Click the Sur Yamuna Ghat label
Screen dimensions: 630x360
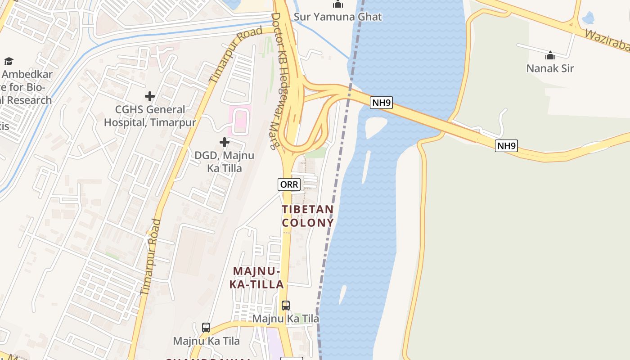pos(337,17)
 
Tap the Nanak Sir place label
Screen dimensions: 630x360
pos(550,68)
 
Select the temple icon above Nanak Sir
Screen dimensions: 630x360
pos(550,56)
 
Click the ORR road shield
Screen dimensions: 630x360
pos(289,184)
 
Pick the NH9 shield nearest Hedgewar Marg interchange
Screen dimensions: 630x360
pos(382,103)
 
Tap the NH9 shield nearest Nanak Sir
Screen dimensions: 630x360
pos(506,145)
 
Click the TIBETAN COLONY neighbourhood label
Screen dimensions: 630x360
pos(308,216)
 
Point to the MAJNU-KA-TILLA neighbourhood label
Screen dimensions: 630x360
pos(256,278)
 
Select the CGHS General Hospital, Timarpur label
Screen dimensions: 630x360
pos(150,116)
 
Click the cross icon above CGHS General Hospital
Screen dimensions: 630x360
pos(150,96)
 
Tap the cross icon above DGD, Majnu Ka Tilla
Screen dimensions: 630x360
pos(224,143)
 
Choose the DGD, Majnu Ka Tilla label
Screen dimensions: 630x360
pos(224,162)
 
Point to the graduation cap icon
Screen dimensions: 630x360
pos(9,61)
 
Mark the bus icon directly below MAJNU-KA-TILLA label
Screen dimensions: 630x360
pos(285,306)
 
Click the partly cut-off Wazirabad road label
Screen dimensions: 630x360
pos(607,40)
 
